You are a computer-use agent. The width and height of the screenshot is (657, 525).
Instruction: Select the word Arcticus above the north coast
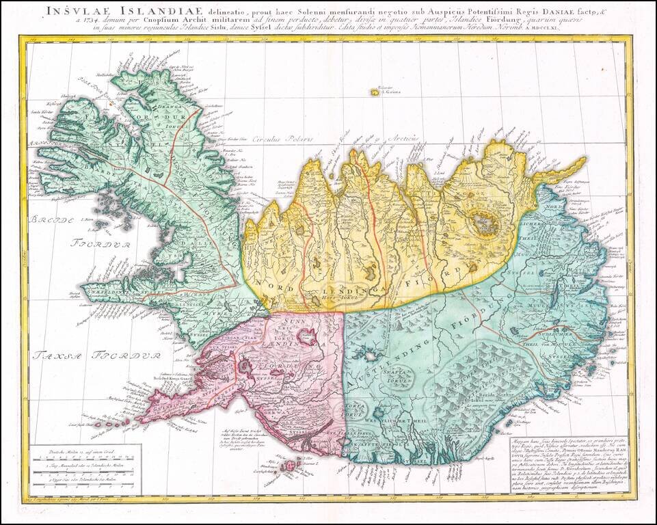pyautogui.click(x=400, y=138)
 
